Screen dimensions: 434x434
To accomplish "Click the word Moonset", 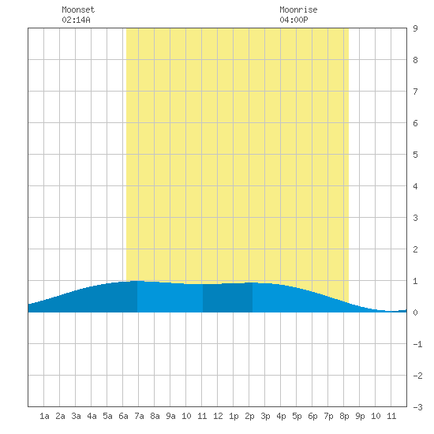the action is tap(78, 9).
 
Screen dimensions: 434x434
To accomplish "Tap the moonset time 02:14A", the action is tap(76, 20).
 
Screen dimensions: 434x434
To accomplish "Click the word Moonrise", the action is tap(298, 9).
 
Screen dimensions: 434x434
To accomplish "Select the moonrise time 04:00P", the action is tap(294, 20).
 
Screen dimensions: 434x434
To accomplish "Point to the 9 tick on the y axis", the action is tap(415, 28).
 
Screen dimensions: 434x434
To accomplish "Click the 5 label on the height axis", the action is tap(415, 155).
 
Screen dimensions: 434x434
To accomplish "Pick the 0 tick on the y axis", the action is tap(415, 312).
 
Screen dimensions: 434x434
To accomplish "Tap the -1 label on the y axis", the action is tap(417, 344).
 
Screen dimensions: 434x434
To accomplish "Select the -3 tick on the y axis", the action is tap(417, 407).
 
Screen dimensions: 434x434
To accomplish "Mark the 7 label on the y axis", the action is tap(415, 92).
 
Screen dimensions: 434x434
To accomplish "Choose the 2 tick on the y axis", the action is tap(415, 249).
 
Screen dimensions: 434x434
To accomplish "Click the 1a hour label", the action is tap(44, 416).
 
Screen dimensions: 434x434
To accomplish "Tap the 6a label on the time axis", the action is tap(123, 416).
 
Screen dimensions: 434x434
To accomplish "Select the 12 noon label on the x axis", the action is tap(218, 416).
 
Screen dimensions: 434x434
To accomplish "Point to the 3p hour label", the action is tap(265, 416).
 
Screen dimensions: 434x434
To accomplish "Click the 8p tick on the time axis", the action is tap(344, 416).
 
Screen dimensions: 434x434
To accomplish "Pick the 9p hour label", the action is tap(360, 416).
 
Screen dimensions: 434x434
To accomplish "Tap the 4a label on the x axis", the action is tap(92, 416).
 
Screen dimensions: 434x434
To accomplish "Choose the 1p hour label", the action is tap(234, 416).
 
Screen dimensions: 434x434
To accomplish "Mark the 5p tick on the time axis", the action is tap(297, 416).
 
